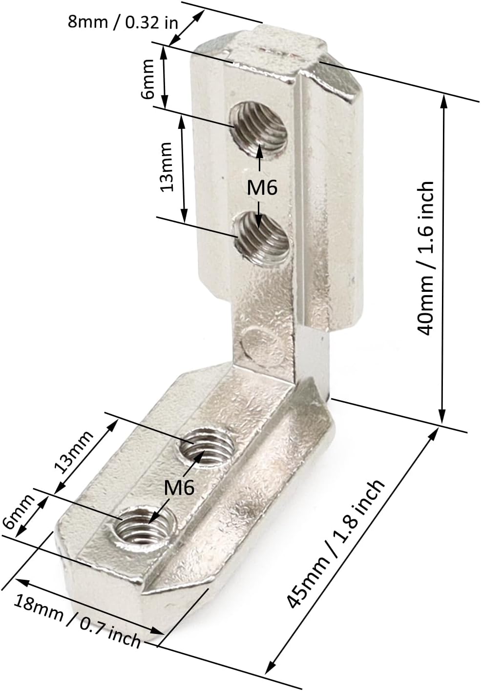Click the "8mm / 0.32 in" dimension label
pyautogui.click(x=123, y=22)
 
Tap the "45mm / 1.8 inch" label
pyautogui.click(x=335, y=543)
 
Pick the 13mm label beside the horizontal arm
pyautogui.click(x=73, y=452)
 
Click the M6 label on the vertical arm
pyautogui.click(x=262, y=188)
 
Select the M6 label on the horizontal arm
pyautogui.click(x=179, y=487)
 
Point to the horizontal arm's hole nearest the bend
pyautogui.click(x=205, y=447)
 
